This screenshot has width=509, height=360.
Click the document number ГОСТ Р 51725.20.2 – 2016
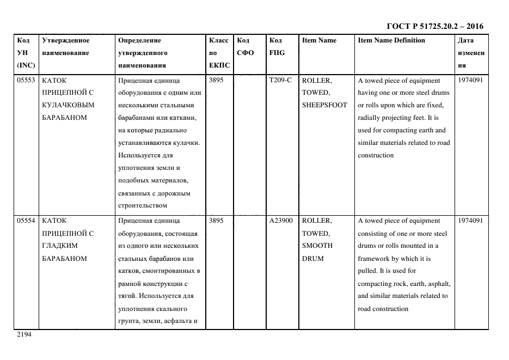coord(434,26)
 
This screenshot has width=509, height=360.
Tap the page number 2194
coord(24,335)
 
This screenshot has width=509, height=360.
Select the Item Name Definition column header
coord(391,40)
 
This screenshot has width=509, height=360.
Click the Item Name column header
coord(319,40)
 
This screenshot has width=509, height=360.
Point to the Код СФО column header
coord(246,46)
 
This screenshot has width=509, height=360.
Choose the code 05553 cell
coord(26,80)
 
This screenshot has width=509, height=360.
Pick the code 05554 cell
coord(26,221)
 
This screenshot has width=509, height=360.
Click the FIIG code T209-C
coord(280,80)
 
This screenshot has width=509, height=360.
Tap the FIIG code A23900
coord(281,221)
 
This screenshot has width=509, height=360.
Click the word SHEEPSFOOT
coord(324,105)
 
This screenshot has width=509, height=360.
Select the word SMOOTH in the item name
coord(317,246)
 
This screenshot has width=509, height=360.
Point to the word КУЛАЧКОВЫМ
coord(68,105)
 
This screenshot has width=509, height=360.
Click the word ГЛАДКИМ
coord(57,246)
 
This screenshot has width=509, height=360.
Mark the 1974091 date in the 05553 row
coord(470,80)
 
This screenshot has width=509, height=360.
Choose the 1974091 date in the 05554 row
coord(470,221)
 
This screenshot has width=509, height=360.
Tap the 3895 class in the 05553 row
coord(216,80)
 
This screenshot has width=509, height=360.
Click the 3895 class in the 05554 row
coord(216,221)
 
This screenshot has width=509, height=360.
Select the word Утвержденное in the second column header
coord(65,40)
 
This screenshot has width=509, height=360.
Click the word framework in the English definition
coord(375,259)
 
